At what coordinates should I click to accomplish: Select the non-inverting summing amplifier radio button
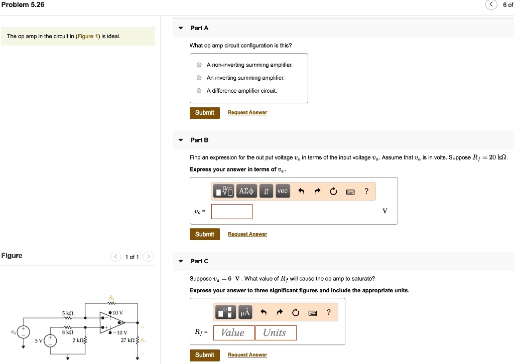[x=199, y=65]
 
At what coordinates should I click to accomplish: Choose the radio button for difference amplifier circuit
[x=199, y=91]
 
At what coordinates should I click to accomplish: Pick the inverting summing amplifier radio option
[x=199, y=78]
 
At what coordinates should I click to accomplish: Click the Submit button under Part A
[x=204, y=113]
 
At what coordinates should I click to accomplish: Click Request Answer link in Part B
[x=247, y=234]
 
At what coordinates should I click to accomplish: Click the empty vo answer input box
[x=232, y=212]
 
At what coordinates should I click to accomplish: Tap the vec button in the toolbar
[x=283, y=191]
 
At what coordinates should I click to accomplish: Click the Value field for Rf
[x=233, y=333]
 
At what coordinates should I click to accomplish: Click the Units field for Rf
[x=276, y=333]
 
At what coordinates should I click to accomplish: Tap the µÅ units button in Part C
[x=245, y=313]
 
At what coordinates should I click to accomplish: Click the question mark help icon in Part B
[x=366, y=191]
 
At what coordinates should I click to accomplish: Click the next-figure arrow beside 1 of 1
[x=149, y=257]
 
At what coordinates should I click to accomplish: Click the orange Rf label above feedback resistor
[x=111, y=297]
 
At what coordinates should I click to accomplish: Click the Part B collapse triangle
[x=180, y=140]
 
